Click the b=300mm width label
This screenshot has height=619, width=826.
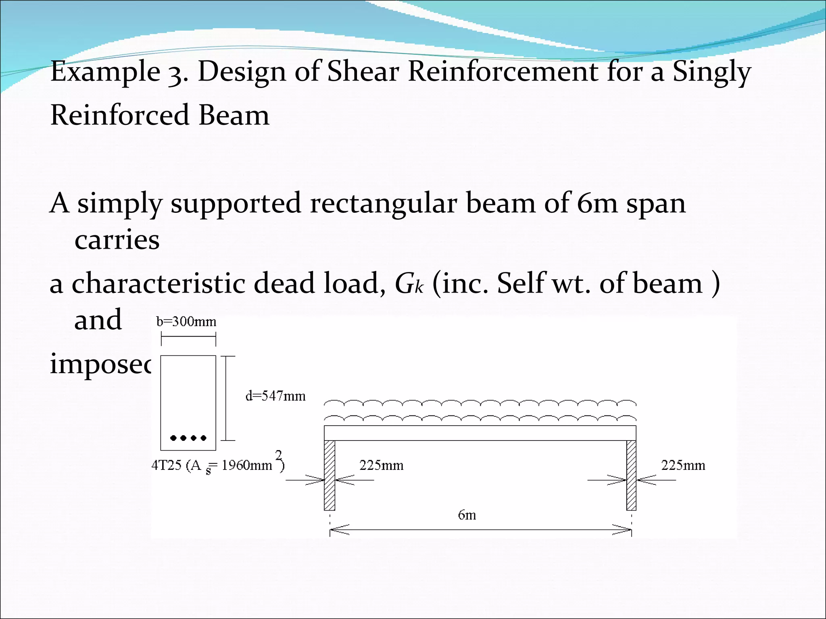tap(186, 322)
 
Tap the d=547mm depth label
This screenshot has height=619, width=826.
tap(275, 396)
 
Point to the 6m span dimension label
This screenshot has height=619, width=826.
tap(467, 515)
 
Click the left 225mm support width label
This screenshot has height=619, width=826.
tap(381, 465)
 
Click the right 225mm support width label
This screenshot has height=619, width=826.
tap(683, 465)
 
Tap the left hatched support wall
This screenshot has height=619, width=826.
tap(330, 476)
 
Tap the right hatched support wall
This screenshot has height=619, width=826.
tap(631, 476)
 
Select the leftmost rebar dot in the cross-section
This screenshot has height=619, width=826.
tap(173, 438)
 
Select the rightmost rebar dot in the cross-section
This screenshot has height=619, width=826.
tap(204, 438)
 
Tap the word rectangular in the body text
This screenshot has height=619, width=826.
tap(383, 203)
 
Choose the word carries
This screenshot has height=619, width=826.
tap(117, 240)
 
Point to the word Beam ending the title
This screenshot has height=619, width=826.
tap(234, 115)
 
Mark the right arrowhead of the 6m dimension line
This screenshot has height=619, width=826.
tap(623, 530)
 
